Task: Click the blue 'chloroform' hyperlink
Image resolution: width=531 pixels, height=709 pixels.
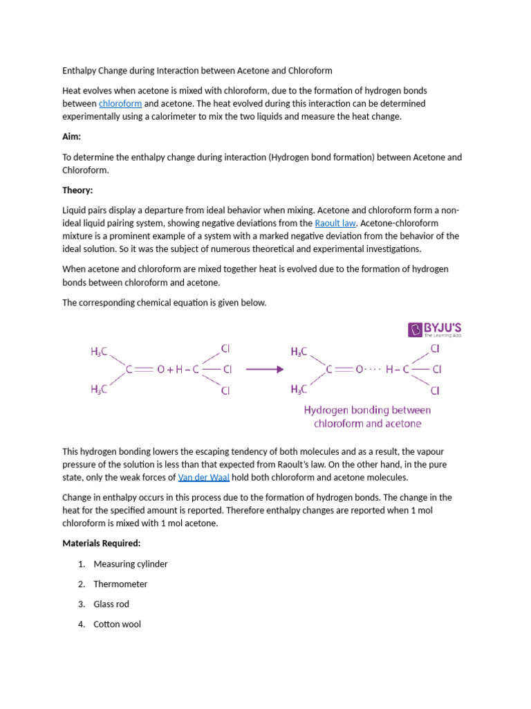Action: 120,104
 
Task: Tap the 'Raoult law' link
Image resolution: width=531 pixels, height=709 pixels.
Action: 335,224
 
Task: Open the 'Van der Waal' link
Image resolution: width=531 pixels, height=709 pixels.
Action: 203,478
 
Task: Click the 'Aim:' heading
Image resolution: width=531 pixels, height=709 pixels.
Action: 71,137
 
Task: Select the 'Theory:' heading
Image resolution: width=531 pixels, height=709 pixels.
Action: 77,190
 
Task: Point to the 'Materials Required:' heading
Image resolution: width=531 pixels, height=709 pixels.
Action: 102,544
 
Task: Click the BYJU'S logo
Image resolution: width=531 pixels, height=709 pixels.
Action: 435,330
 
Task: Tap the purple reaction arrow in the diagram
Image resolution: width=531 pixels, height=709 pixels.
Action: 265,370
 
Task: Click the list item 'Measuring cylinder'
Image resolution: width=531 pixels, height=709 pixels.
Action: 131,564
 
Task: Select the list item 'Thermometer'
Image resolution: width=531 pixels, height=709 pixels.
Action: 120,584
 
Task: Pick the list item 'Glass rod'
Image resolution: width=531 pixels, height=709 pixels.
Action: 111,604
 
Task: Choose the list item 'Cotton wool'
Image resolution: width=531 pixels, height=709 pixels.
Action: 117,625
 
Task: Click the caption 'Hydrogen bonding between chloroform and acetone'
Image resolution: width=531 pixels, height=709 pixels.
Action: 367,417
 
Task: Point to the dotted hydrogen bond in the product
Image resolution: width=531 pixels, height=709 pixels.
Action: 373,370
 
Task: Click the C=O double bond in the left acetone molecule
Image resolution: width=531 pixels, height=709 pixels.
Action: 144,370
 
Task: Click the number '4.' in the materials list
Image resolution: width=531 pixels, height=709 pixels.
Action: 82,625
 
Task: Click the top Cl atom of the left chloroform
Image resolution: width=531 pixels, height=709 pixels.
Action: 225,348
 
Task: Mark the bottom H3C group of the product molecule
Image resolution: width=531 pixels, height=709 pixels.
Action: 299,389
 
